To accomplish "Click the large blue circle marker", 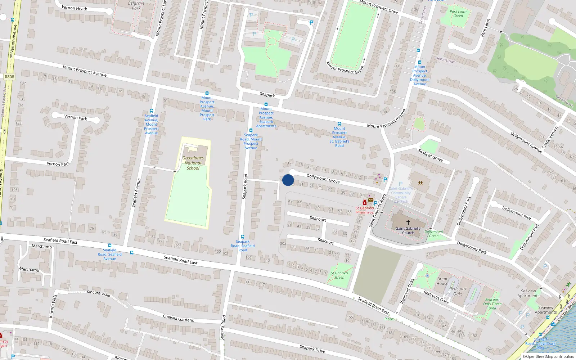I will pos(288,180).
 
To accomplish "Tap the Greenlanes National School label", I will pos(193,163).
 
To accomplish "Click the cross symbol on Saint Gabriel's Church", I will pos(408,222).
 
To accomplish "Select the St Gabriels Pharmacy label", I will pos(365,210).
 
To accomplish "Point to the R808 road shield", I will pos(10,77).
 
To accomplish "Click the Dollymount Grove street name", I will pos(323,178).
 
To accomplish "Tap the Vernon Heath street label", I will pos(75,8).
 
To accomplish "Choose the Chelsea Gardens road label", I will pos(178,318).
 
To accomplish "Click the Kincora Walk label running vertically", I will pos(53,306).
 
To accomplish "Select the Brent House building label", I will pos(442,281).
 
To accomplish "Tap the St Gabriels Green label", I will pos(339,275).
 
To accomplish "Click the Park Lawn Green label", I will pos(458,14).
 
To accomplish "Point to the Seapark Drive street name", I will pos(312,348).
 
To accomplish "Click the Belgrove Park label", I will pos(136,5).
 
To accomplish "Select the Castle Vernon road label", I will pos(550,137).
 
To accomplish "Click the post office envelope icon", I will pos(371,200).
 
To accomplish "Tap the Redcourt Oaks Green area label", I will pos(492,304).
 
